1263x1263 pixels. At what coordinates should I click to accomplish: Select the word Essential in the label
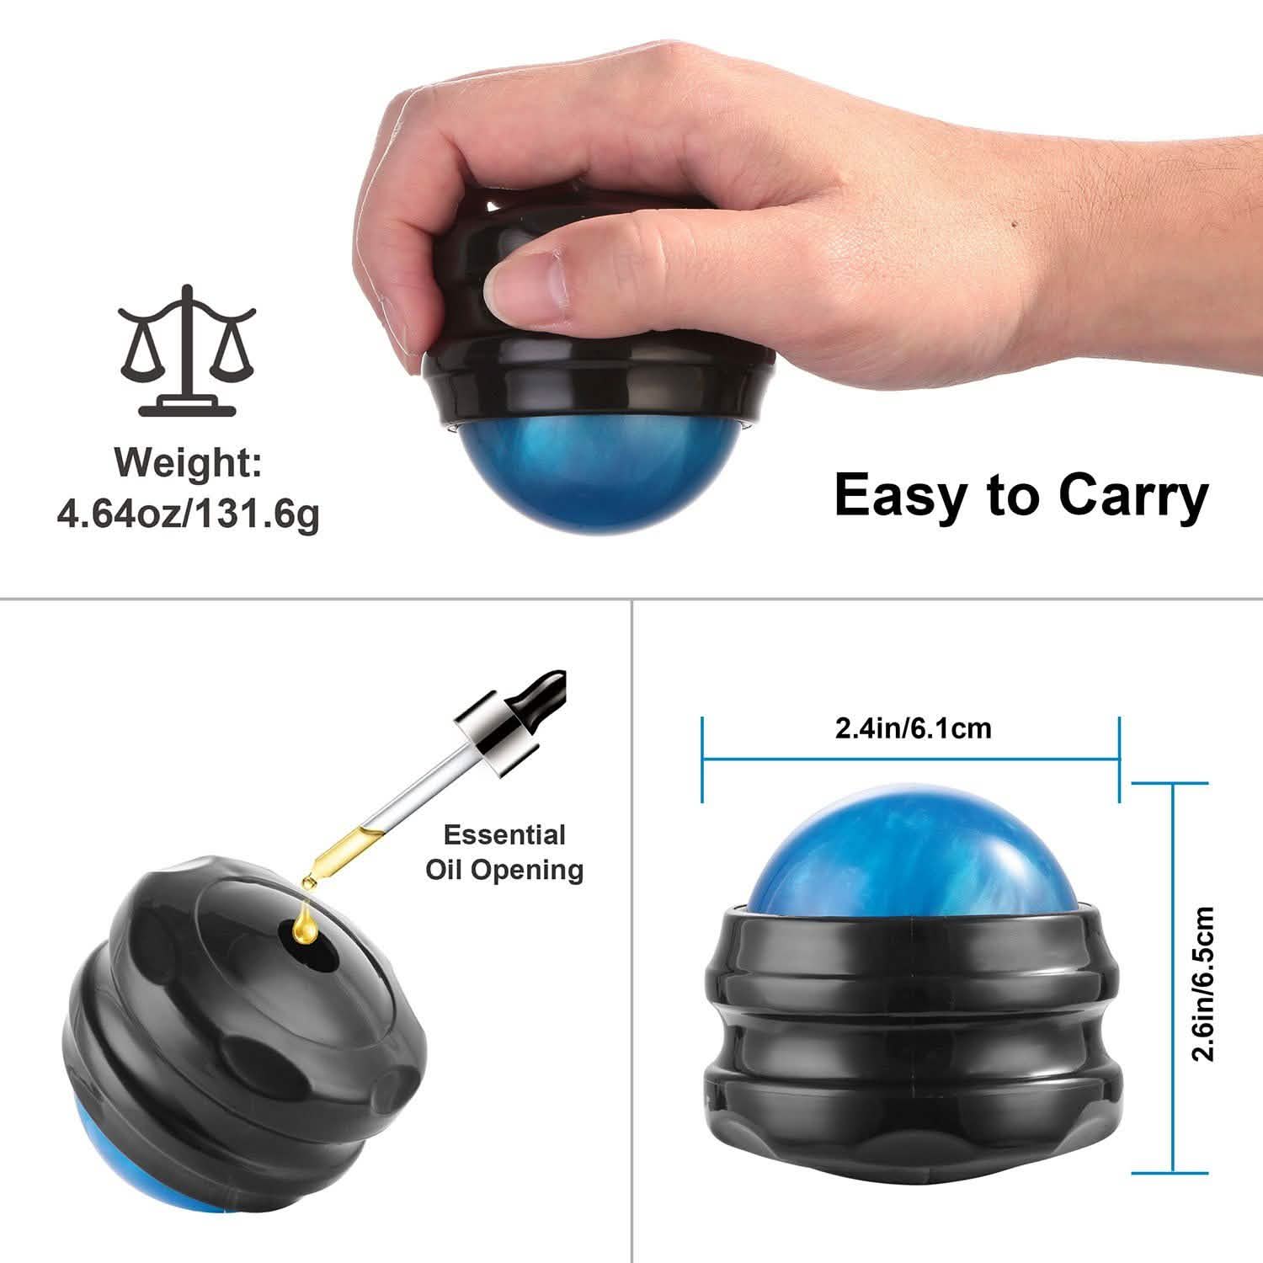pyautogui.click(x=504, y=835)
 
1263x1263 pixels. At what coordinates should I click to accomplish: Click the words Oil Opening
pyautogui.click(x=504, y=869)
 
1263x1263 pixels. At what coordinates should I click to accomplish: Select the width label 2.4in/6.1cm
pyautogui.click(x=913, y=727)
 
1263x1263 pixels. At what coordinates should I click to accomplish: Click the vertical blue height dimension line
pyautogui.click(x=1172, y=977)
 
